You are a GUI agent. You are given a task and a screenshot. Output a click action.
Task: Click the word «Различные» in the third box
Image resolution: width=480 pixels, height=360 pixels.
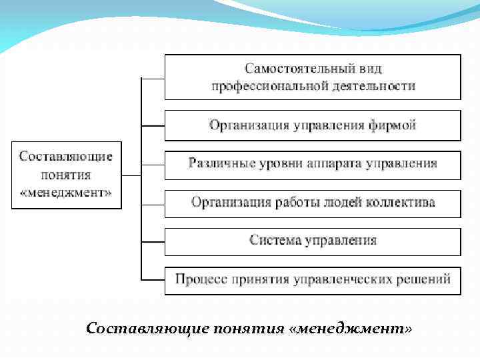tap(215, 163)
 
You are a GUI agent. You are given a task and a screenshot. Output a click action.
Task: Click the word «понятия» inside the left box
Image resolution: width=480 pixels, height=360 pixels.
tap(65, 175)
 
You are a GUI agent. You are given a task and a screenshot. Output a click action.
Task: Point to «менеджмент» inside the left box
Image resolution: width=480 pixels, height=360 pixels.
tap(65, 193)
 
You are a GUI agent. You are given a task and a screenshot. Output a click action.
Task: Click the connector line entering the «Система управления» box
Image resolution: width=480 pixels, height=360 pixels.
tap(153, 240)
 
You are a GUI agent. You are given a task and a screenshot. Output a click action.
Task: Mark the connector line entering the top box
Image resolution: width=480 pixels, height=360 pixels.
tap(153, 78)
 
